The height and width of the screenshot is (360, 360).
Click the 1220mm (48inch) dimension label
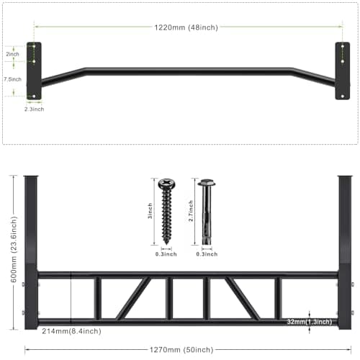186,27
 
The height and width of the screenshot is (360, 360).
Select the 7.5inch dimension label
12,78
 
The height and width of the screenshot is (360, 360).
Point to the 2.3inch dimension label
33,109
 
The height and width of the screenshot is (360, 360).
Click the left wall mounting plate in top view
34,71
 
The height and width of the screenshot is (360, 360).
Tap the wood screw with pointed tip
166,209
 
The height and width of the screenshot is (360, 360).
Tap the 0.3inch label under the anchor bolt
208,254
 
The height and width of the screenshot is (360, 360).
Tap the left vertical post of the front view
31,252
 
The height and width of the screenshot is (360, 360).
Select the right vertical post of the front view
345,252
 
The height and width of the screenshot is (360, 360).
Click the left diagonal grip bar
133,298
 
